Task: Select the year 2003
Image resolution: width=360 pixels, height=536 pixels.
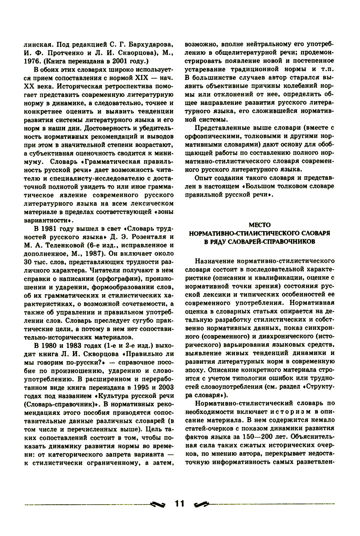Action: (166, 388)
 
